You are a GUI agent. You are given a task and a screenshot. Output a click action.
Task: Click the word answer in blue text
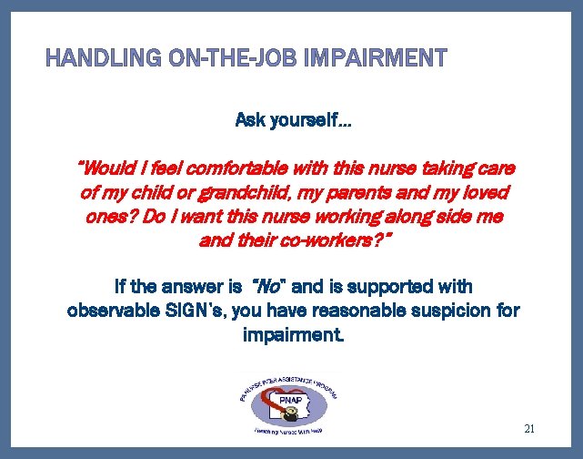202,287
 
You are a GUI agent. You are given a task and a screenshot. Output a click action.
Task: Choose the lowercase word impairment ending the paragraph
291,334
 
